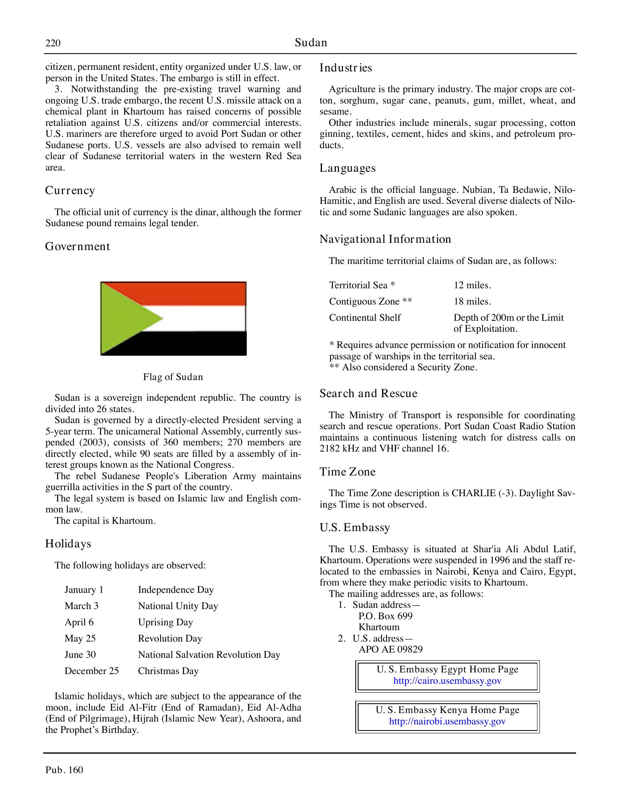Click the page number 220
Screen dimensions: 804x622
(53, 43)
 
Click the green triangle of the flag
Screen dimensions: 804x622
(122, 318)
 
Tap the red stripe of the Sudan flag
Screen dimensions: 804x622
(195, 293)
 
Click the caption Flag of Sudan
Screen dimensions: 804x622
(173, 377)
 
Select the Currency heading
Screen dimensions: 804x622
(70, 190)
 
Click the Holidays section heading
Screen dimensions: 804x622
(68, 544)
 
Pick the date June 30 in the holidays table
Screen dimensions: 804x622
(80, 655)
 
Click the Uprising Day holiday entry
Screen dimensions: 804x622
(165, 622)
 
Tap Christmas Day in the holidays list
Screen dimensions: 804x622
(168, 671)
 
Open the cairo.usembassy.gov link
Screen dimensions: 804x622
(447, 681)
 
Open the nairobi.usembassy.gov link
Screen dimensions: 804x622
(447, 722)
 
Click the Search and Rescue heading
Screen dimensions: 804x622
(368, 393)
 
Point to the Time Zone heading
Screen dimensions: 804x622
(347, 472)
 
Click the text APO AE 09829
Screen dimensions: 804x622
(390, 649)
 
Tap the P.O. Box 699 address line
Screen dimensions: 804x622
(385, 616)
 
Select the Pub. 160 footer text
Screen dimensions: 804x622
(64, 770)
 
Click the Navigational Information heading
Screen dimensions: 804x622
(385, 239)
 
